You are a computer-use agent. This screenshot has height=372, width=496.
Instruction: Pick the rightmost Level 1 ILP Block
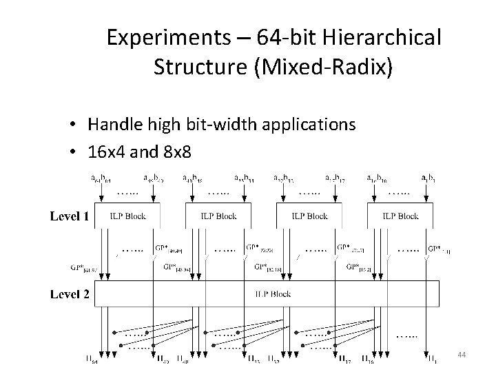pos(400,216)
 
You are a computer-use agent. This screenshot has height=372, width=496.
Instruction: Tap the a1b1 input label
pos(427,178)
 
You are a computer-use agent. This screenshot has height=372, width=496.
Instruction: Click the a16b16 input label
pos(376,178)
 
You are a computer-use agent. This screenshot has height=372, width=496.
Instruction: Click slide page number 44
pos(462,354)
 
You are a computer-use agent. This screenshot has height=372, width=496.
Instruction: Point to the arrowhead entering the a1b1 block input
pos(428,200)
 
